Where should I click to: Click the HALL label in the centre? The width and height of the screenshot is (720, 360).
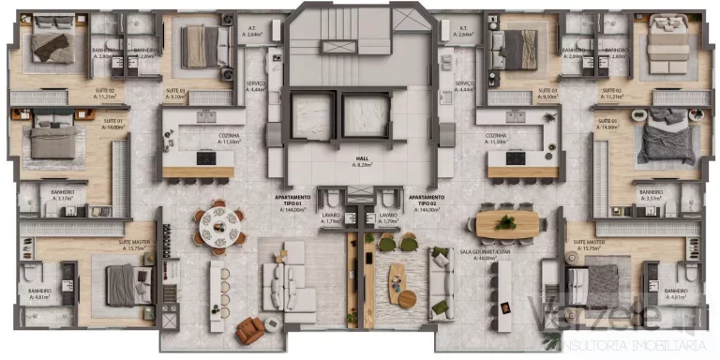[x=359, y=160]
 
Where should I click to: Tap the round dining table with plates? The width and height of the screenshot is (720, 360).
[x=219, y=225]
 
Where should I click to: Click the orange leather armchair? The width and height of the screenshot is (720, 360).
[x=250, y=327]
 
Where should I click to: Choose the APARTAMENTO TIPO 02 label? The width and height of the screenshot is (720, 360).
[x=428, y=203]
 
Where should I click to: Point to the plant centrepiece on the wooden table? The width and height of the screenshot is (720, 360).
[x=507, y=222]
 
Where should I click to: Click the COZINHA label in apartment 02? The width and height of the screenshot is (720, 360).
[x=496, y=136]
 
